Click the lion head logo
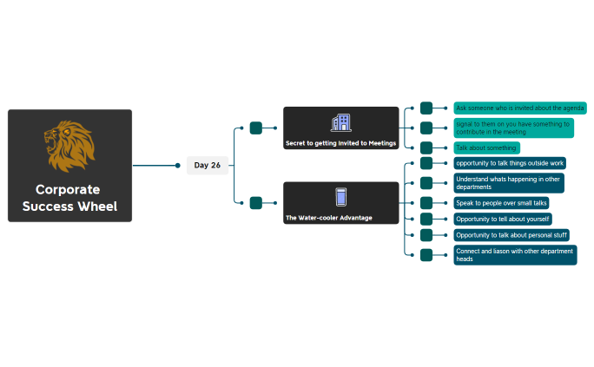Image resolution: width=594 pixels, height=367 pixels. [69, 147]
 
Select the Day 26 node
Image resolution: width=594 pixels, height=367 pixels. [208, 165]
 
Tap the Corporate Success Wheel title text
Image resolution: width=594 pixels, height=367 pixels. [69, 198]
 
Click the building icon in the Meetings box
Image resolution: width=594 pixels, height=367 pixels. [340, 123]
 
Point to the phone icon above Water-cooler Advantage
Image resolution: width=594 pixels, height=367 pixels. [340, 198]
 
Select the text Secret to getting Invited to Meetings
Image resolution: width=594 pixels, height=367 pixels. [340, 142]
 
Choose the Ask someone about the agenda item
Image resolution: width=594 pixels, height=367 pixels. [519, 108]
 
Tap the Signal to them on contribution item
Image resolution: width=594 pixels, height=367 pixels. [513, 128]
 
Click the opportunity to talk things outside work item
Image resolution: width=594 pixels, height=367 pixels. [510, 163]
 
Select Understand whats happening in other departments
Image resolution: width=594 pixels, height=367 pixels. [508, 183]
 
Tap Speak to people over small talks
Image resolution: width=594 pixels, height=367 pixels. [501, 203]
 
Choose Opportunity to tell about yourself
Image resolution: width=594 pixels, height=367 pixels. [502, 219]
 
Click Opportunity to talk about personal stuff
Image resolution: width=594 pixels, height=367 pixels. [511, 235]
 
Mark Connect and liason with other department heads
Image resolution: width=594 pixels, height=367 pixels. [514, 255]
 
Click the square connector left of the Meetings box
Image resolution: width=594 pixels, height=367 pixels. [255, 128]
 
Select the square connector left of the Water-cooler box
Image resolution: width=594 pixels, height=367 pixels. [255, 203]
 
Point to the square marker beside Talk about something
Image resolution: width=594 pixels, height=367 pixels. [426, 148]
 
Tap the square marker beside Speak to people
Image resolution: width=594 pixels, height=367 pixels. [426, 203]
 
